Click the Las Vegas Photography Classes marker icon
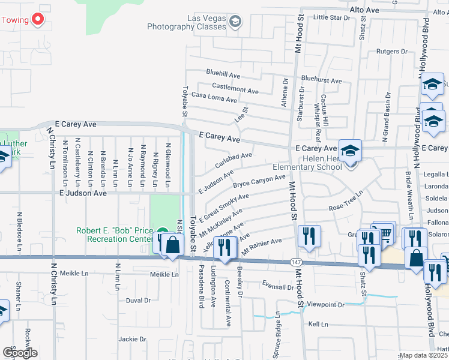point(235,23)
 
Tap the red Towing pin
point(38,19)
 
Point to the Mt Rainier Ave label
point(262,242)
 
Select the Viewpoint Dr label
point(325,305)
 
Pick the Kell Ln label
point(318,324)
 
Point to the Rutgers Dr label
point(391,52)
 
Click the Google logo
point(20,352)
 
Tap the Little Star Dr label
point(331,18)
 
